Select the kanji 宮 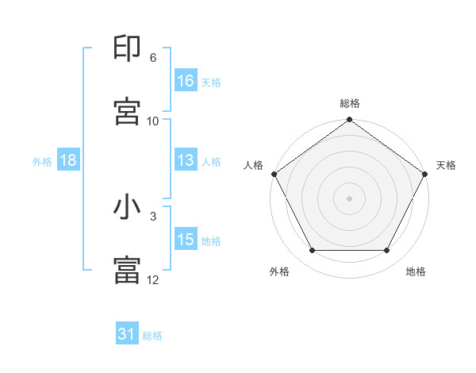[x=127, y=110]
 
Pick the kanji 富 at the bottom [x=127, y=269]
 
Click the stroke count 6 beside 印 [x=153, y=58]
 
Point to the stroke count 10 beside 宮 [x=153, y=121]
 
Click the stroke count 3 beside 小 [x=153, y=216]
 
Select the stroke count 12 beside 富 [x=153, y=279]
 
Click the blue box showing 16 [x=185, y=80]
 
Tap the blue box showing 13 [x=185, y=160]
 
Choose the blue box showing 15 [x=185, y=240]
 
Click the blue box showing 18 [x=68, y=160]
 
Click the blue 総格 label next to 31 [x=152, y=336]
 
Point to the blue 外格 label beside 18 [x=42, y=161]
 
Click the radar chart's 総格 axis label [x=350, y=103]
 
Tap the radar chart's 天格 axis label [x=446, y=165]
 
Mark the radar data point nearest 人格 [x=274, y=173]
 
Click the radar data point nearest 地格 [x=387, y=251]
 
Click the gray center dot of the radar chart [x=350, y=198]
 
